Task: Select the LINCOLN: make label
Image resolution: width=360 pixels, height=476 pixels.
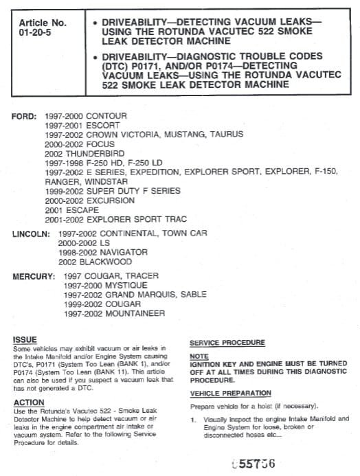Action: click(x=31, y=234)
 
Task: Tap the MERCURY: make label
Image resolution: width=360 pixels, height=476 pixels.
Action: click(x=33, y=276)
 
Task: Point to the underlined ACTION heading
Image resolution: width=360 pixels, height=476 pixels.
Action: click(x=29, y=403)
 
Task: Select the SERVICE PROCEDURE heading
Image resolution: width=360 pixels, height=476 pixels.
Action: click(x=226, y=343)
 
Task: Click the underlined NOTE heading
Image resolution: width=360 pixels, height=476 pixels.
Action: click(x=199, y=357)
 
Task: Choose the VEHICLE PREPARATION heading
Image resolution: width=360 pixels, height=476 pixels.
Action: click(x=230, y=393)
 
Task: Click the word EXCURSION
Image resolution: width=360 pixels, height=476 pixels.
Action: click(x=110, y=201)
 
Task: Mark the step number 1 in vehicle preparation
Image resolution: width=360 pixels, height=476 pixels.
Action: click(x=194, y=418)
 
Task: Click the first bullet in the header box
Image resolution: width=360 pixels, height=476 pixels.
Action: click(x=93, y=23)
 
